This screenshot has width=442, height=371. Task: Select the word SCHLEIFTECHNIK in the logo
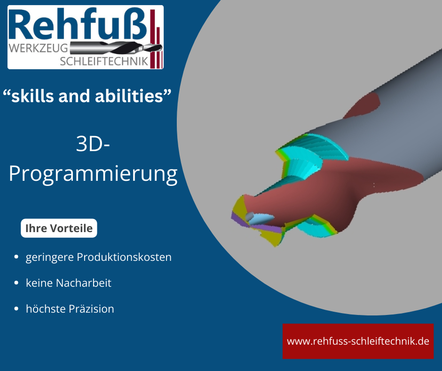click(x=104, y=61)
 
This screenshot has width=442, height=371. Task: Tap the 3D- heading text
click(x=93, y=145)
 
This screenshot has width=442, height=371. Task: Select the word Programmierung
click(x=93, y=174)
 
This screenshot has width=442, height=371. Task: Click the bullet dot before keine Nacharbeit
click(x=16, y=283)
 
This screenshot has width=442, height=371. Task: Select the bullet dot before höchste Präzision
click(x=16, y=309)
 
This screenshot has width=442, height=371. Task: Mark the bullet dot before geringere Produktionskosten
click(x=16, y=258)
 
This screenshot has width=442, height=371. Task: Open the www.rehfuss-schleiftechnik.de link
click(x=358, y=341)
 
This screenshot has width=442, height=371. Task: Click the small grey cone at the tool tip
click(x=254, y=217)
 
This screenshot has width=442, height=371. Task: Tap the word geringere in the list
click(x=49, y=258)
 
